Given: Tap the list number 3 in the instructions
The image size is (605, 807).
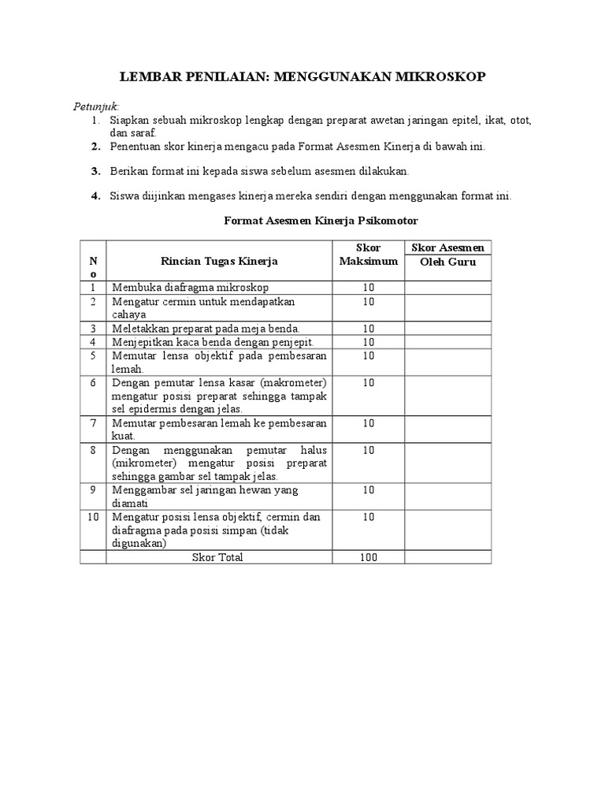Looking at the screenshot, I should point(95,171).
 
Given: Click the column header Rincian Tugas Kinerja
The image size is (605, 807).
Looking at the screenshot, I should point(219,261).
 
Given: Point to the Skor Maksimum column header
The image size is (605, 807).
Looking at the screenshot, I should point(368,255).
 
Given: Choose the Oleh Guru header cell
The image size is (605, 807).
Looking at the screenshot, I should point(448,262).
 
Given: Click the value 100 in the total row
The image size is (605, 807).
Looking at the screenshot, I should point(368,557).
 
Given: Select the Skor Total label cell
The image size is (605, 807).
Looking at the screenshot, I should point(218,557).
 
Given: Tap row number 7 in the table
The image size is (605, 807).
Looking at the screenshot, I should point(93,423).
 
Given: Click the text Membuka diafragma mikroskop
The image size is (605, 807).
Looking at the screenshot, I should point(190,288).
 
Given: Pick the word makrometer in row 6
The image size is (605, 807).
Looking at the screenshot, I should point(288,382).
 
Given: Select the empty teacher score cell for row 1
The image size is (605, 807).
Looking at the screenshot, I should point(448,288).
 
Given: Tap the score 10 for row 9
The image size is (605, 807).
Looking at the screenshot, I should point(368,490).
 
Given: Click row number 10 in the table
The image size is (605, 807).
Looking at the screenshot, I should point(93,517).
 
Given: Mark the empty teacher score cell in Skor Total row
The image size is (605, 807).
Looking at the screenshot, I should point(448,557).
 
